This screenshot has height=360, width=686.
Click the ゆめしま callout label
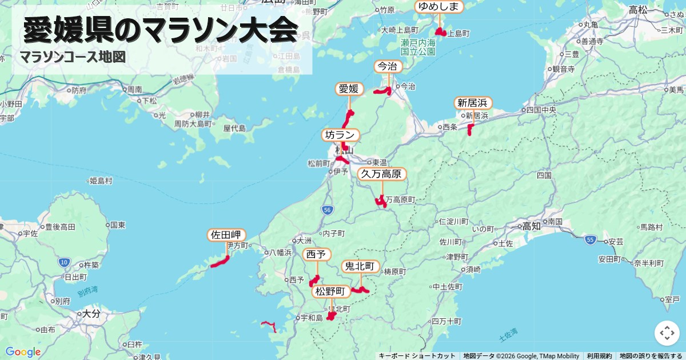tap(438, 7)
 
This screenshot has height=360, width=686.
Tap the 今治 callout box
tap(388, 67)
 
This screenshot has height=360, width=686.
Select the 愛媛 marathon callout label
tap(349, 89)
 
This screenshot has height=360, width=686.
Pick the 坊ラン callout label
tap(341, 135)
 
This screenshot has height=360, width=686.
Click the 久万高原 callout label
tap(382, 174)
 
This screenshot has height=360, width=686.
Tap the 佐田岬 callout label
tap(227, 235)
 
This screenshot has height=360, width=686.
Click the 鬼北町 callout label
tap(360, 266)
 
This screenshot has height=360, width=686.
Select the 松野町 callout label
tap(332, 291)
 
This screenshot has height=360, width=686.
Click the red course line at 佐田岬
tap(220, 263)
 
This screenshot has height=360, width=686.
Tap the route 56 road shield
tap(326, 210)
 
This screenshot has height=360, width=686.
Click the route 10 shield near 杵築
tap(63, 262)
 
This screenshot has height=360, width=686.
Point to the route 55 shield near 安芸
tap(591, 240)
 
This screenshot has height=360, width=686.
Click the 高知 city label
tap(531, 226)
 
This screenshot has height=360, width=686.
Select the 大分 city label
tap(90, 314)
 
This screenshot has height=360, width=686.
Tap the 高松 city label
tap(637, 10)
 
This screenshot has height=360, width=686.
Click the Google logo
tap(23, 352)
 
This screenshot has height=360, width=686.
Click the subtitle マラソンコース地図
tap(73, 57)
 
